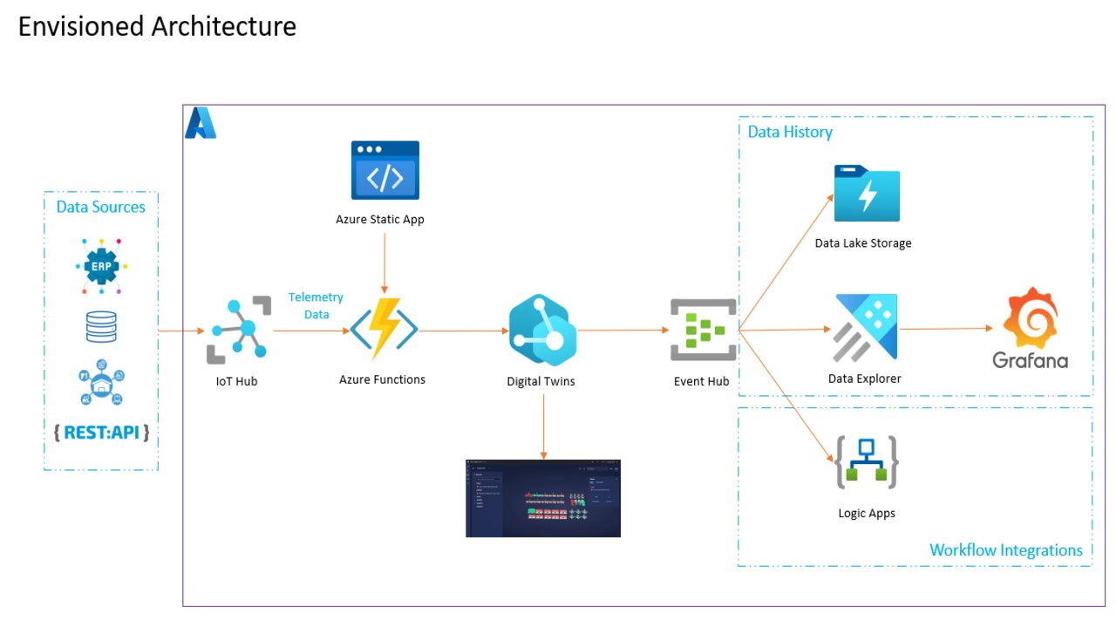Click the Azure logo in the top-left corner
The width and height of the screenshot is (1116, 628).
(201, 123)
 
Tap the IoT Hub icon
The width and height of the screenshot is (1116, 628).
(237, 331)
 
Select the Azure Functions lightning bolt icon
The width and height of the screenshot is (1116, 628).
(384, 330)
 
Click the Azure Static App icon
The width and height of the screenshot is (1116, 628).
(384, 171)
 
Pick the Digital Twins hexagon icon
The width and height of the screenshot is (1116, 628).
(542, 330)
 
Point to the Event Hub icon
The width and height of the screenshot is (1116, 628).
(703, 331)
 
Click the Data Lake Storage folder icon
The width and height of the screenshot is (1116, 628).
(867, 194)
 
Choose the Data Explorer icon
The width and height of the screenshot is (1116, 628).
(866, 328)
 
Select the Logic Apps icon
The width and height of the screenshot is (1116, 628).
(867, 462)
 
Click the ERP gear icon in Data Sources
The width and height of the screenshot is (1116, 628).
(100, 264)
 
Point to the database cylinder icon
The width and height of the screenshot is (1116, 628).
(101, 326)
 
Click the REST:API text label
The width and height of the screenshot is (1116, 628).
(101, 432)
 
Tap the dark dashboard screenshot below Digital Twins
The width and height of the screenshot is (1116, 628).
(542, 498)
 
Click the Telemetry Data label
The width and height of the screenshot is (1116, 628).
(316, 306)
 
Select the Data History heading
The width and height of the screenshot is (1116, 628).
(790, 132)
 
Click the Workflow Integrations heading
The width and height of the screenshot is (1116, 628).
(1005, 550)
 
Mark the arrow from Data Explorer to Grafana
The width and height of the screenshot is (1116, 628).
(946, 329)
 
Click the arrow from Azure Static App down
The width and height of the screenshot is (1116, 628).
(384, 262)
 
